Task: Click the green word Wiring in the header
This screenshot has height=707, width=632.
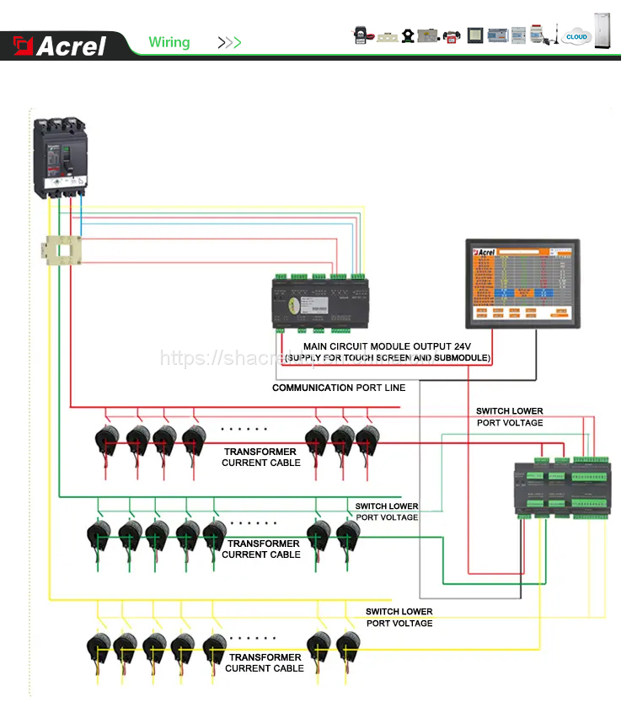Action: (169, 42)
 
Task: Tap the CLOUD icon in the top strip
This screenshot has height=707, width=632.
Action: (577, 36)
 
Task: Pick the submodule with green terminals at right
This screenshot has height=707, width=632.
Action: (561, 487)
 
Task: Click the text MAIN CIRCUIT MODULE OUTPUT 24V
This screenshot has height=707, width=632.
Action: (388, 346)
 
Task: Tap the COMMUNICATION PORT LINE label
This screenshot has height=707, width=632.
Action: (339, 388)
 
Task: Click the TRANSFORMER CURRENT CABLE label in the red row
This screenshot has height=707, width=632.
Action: (260, 457)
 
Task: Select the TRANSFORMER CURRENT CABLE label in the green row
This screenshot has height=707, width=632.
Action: (261, 549)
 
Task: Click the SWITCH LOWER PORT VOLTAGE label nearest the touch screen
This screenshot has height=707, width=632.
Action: (510, 416)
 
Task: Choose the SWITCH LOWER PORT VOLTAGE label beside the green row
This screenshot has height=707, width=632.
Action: (387, 512)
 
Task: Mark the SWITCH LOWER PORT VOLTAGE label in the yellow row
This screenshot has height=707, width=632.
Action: (399, 617)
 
